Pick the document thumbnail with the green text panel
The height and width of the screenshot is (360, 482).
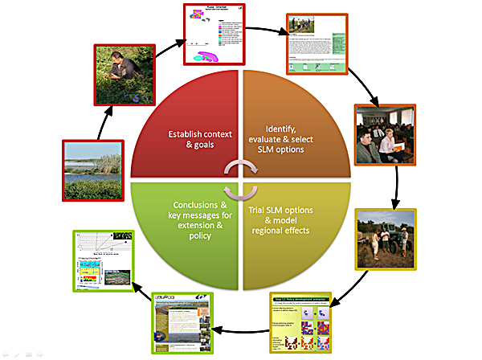pos(317,45)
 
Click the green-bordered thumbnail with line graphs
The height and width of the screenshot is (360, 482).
pos(108,262)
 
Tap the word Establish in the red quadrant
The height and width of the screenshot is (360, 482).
pos(189,133)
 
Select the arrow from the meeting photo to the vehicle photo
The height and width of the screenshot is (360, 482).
pos(395,190)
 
